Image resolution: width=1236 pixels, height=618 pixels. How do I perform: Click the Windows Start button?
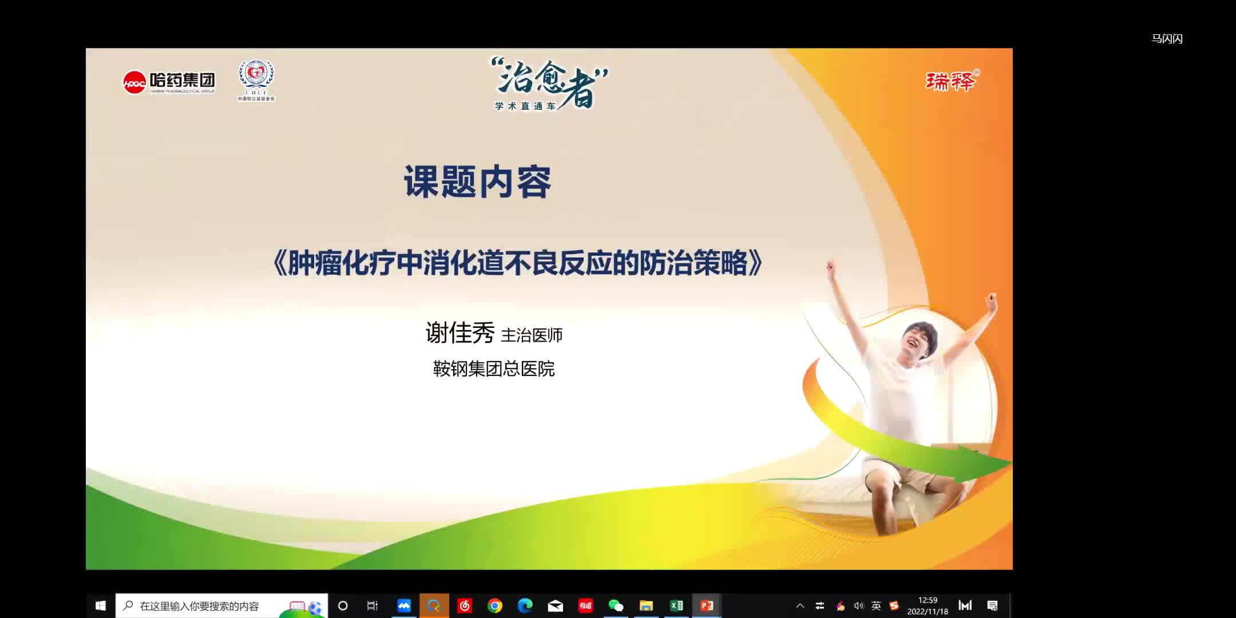click(101, 605)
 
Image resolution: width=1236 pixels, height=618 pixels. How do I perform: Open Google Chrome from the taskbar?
click(495, 605)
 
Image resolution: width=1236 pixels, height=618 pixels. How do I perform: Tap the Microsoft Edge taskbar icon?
click(525, 605)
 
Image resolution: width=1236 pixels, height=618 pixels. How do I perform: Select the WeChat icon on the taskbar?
click(616, 605)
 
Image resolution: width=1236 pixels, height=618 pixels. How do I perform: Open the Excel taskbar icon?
click(676, 605)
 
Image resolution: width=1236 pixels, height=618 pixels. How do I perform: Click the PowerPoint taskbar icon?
click(707, 605)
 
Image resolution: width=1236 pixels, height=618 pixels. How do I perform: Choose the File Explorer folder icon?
click(646, 605)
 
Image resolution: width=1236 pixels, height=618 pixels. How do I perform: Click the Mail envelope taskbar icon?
click(555, 605)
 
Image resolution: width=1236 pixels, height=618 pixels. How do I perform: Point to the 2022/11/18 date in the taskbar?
click(928, 611)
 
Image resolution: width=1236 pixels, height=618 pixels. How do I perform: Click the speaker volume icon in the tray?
click(858, 605)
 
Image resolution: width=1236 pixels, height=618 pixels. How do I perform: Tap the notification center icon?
click(993, 605)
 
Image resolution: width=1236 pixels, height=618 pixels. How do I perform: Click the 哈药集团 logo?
click(169, 82)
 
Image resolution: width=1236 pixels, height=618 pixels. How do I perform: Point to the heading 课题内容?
click(478, 182)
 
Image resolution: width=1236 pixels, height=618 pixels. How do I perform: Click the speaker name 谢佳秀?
click(460, 333)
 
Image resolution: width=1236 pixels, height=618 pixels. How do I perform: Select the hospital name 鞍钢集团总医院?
click(494, 369)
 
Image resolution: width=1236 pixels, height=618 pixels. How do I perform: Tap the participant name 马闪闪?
click(1167, 39)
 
